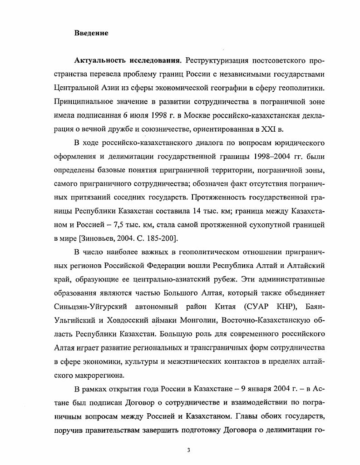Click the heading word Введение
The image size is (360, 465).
(x=91, y=33)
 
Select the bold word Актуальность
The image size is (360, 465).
(x=101, y=60)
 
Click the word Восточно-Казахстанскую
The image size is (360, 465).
(x=260, y=320)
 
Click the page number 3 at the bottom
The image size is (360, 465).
(x=188, y=450)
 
